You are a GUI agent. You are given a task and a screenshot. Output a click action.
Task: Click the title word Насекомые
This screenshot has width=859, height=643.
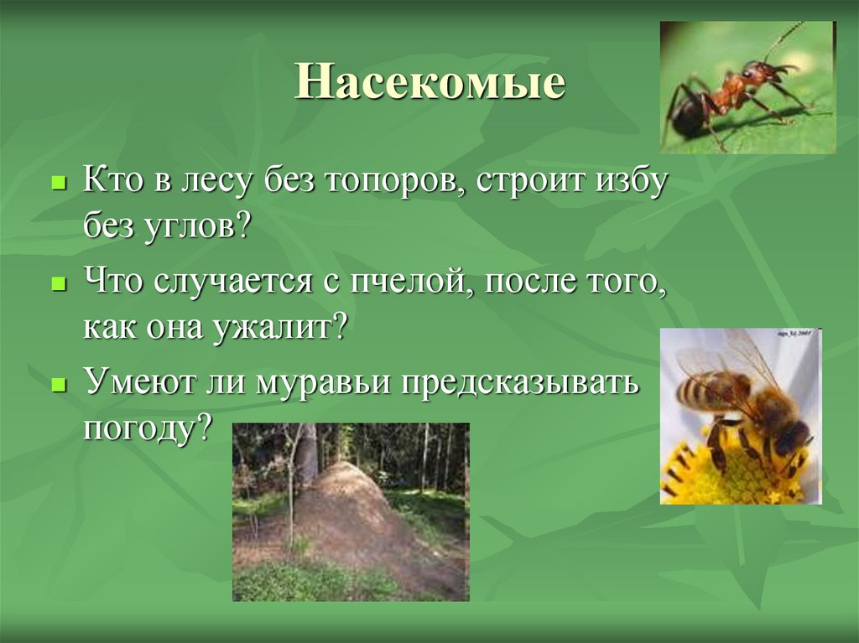[x=429, y=84]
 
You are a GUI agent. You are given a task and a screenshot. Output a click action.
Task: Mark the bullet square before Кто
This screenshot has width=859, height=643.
[x=58, y=182]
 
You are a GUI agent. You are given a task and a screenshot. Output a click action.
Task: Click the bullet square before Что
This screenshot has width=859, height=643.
[x=58, y=284]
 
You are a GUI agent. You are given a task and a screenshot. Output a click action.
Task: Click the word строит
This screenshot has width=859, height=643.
[x=525, y=184]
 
